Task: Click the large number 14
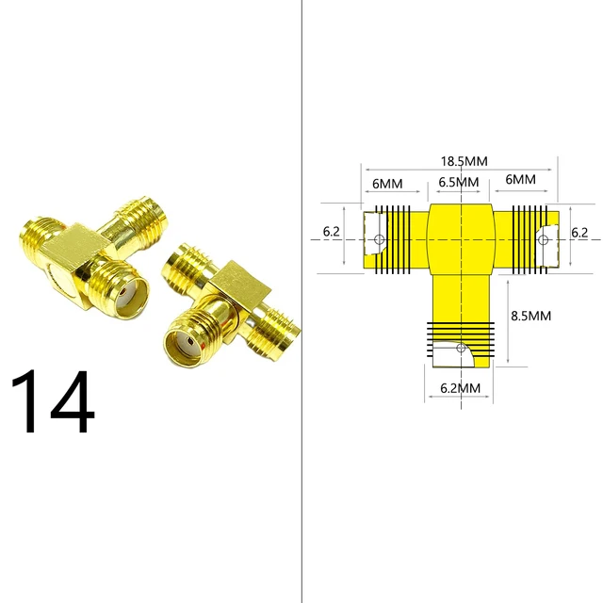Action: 53,402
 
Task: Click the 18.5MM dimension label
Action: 462,162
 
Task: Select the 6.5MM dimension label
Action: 459,180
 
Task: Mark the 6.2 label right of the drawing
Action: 579,232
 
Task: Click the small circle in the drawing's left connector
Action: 379,240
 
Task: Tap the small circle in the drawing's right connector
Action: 543,240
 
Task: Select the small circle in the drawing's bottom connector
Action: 460,349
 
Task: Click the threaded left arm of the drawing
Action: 396,240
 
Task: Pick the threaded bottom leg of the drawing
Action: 460,339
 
